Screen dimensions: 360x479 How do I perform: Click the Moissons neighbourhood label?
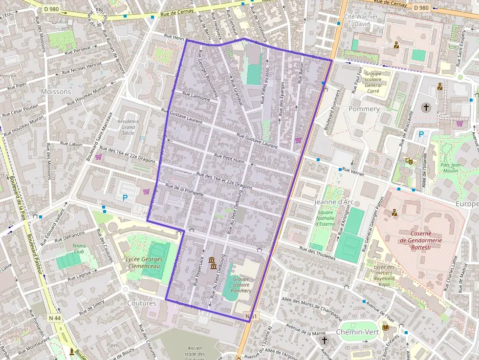(x=56, y=91)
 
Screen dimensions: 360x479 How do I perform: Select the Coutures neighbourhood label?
(x=142, y=303)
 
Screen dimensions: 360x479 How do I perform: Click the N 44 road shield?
(x=55, y=318)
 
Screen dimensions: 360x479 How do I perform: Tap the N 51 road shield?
(x=251, y=317)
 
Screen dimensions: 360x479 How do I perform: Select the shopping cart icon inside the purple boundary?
(x=298, y=140)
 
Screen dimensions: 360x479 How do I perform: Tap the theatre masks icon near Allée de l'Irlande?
(x=409, y=160)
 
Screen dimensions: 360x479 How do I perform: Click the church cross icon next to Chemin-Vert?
(x=324, y=339)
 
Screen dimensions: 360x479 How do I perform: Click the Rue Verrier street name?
(x=353, y=170)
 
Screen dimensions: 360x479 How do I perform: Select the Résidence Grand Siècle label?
(x=128, y=127)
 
